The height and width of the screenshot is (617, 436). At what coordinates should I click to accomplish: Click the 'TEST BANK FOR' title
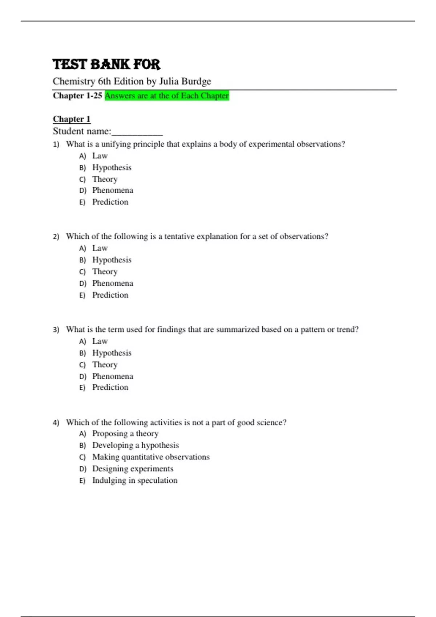[106, 64]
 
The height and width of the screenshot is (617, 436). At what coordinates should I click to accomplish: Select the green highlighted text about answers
[167, 96]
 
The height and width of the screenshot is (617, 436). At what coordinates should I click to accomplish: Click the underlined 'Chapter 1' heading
[72, 119]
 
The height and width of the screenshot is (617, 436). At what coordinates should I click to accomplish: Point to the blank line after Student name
[137, 132]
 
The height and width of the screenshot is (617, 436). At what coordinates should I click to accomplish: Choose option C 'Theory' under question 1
[105, 179]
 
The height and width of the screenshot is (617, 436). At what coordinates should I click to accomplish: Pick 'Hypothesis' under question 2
[112, 260]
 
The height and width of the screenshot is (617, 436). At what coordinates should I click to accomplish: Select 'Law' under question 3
[100, 341]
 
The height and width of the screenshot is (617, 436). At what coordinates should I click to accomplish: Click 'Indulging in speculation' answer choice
[135, 481]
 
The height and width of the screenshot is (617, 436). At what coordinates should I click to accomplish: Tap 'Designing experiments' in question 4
[133, 469]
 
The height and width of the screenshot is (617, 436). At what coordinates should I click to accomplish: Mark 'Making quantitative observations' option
[151, 457]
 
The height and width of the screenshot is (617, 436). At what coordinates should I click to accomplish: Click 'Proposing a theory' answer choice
[125, 434]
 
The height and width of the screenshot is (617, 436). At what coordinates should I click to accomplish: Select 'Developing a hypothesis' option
[136, 445]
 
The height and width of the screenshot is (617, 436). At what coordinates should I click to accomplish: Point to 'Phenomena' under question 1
[113, 191]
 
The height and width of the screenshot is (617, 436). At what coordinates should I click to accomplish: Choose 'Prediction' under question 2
[110, 295]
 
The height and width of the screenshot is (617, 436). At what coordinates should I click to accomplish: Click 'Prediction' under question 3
[110, 388]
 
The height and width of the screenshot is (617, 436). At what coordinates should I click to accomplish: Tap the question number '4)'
[56, 423]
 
